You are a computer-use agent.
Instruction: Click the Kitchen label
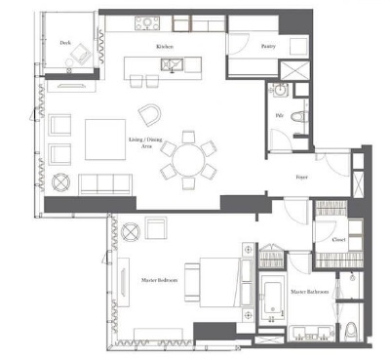click(165, 46)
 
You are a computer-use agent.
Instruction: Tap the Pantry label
click(269, 45)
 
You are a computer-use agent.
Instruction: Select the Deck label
click(64, 43)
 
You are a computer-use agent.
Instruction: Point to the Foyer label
click(302, 176)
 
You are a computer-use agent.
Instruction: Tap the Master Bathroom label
click(309, 291)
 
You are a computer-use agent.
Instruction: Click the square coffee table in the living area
click(104, 139)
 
